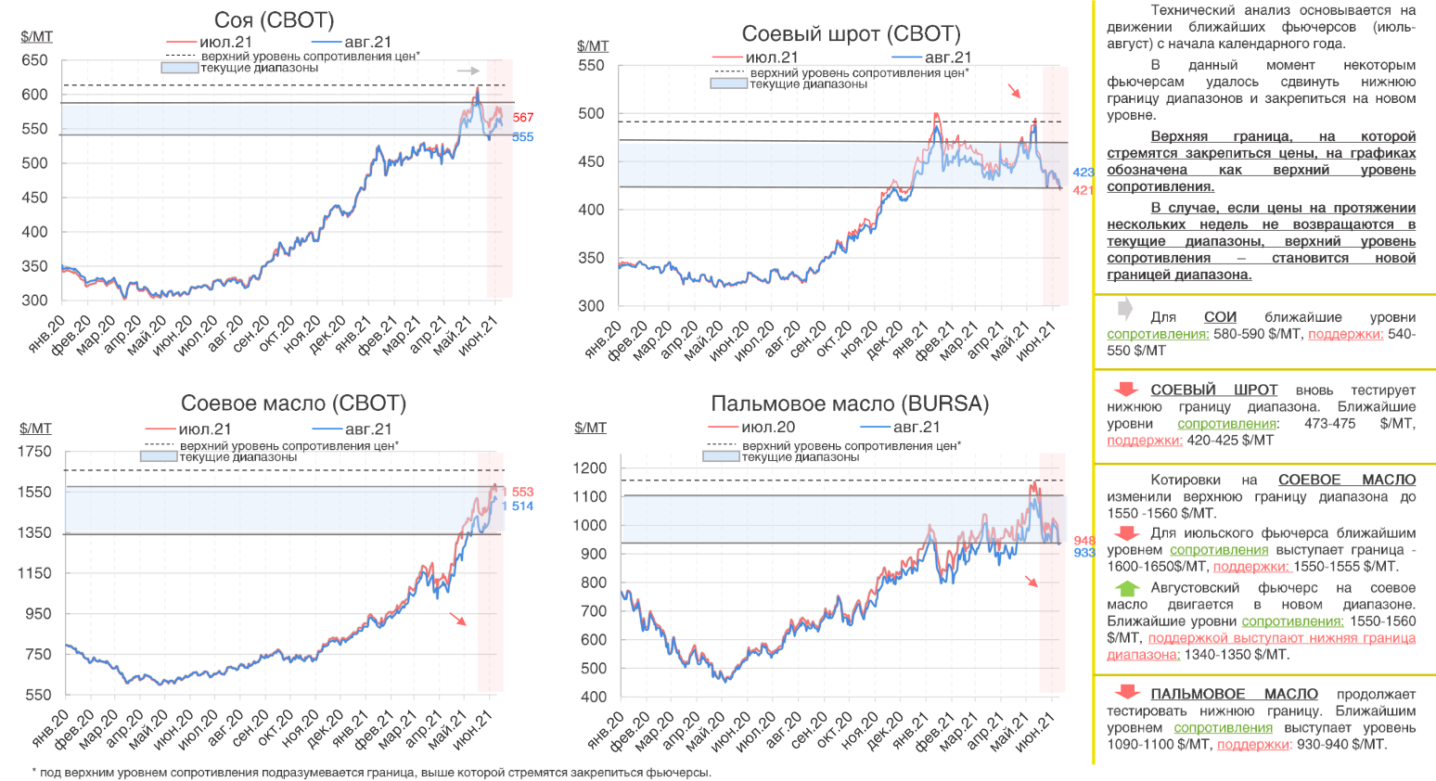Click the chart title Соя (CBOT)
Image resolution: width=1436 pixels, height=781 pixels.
coord(274,20)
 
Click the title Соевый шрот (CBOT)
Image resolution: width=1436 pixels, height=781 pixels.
coord(851,34)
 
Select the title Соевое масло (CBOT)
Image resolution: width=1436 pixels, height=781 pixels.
coord(293,403)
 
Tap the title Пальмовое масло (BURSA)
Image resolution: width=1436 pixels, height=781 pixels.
coord(850,403)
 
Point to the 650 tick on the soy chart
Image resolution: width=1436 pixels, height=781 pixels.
coord(34,60)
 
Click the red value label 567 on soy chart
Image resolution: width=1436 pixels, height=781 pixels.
coord(523,118)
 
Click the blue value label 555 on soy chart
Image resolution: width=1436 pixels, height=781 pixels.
coord(523,137)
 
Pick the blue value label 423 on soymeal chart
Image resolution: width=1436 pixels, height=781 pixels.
coord(1083,173)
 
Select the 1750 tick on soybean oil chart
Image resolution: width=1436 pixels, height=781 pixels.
coord(35,452)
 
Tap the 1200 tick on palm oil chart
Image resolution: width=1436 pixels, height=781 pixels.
coord(590,468)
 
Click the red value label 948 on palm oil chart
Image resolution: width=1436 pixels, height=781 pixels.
coord(1084,540)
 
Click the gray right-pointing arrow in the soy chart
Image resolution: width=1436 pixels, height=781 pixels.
coord(468,70)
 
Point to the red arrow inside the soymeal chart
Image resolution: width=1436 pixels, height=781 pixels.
coord(1015,91)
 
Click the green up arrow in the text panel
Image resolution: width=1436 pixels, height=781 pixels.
coord(1126,588)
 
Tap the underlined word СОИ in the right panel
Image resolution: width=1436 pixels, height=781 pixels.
coord(1220,317)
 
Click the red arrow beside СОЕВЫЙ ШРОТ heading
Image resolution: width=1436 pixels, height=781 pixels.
coord(1126,390)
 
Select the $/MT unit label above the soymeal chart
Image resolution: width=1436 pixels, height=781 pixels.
coord(593,45)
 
